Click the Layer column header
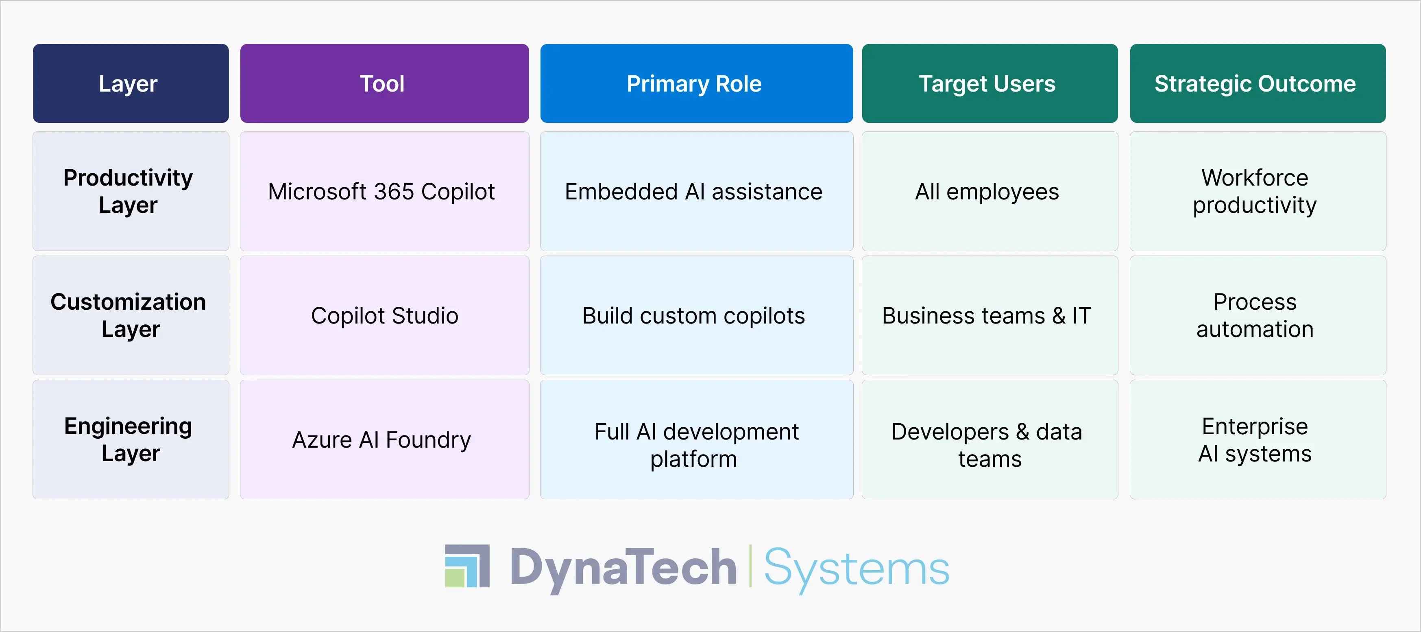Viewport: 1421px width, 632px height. (x=131, y=83)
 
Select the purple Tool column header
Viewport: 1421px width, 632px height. (x=384, y=83)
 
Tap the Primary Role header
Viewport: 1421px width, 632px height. (x=696, y=83)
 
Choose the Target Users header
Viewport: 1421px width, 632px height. (x=989, y=83)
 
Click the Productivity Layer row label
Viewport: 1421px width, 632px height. (x=131, y=191)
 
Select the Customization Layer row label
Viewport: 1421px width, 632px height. (x=131, y=315)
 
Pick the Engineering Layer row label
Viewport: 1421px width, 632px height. (x=131, y=440)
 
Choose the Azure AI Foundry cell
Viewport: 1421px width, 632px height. (x=384, y=440)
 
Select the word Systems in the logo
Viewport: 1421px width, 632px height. (x=856, y=569)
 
